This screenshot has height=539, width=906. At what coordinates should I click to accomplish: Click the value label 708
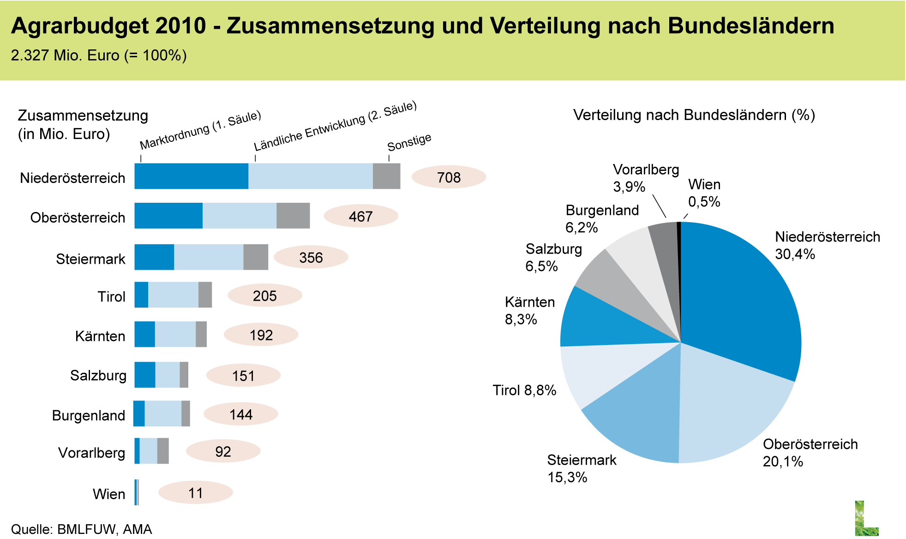click(449, 177)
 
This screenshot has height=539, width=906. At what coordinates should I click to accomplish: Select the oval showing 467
click(360, 216)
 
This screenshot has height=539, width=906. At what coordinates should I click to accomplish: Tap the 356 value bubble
click(311, 257)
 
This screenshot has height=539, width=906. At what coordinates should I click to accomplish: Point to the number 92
click(223, 451)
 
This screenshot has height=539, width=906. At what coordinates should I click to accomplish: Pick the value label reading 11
click(195, 493)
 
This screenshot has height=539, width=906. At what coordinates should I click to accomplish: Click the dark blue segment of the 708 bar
click(191, 176)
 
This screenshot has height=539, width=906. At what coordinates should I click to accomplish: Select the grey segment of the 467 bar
click(293, 216)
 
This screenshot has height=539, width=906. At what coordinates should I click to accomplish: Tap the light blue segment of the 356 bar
click(209, 257)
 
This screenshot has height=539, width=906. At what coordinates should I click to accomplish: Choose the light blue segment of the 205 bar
click(173, 295)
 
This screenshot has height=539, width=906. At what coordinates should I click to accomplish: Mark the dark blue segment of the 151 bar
click(144, 375)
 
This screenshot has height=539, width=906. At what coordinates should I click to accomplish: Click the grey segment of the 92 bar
click(163, 451)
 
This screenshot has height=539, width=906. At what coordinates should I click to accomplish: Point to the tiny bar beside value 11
click(137, 492)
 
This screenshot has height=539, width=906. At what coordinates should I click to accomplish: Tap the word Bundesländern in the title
click(750, 26)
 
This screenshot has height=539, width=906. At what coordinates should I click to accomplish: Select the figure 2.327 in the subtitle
click(30, 55)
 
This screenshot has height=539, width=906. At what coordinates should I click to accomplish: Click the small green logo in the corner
click(866, 518)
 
